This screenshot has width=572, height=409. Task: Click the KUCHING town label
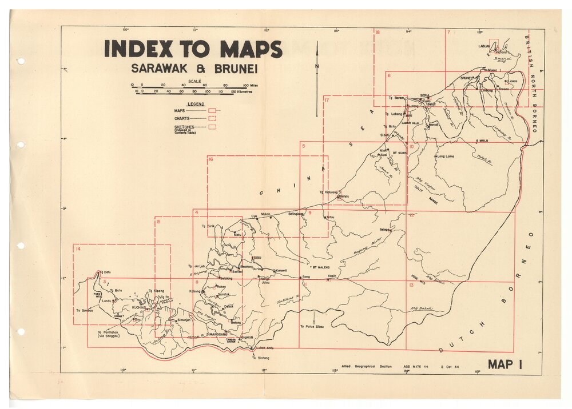tap(140, 307)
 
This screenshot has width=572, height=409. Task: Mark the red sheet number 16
tap(211, 159)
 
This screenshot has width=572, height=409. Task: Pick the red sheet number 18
tap(378, 33)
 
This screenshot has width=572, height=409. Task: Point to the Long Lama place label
tap(446, 156)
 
